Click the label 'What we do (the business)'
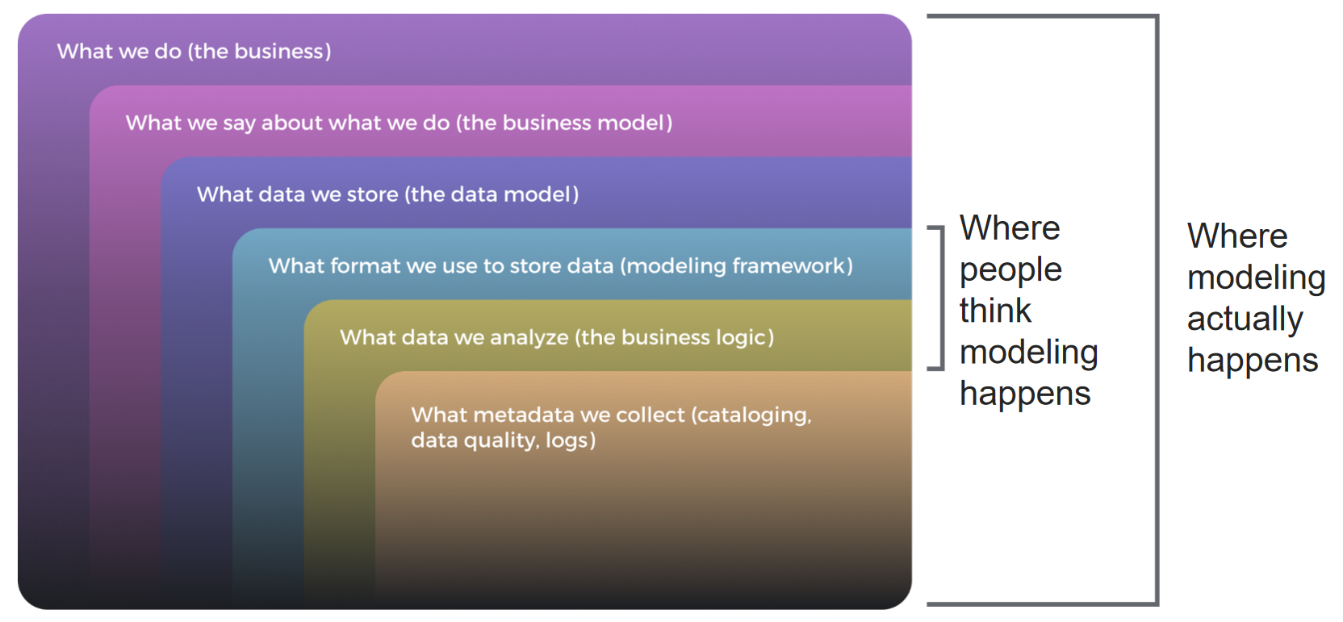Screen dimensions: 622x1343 194,52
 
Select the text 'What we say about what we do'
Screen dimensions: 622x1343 287,123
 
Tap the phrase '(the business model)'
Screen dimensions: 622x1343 564,123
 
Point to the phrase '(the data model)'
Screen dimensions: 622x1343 492,194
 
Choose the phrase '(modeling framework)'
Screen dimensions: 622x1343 736,265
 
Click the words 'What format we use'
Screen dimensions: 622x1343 373,265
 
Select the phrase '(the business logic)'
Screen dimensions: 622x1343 674,337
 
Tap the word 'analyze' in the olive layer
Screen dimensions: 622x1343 529,337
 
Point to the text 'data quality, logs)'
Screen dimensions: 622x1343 503,440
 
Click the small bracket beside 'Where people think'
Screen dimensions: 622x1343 940,298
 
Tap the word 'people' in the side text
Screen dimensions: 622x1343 1010,270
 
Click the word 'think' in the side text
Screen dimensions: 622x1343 995,311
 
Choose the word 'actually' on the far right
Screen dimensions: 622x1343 1245,319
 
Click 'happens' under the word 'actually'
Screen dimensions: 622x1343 1253,361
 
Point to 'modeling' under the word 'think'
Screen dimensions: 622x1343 1028,353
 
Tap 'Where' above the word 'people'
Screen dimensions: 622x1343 1010,228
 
